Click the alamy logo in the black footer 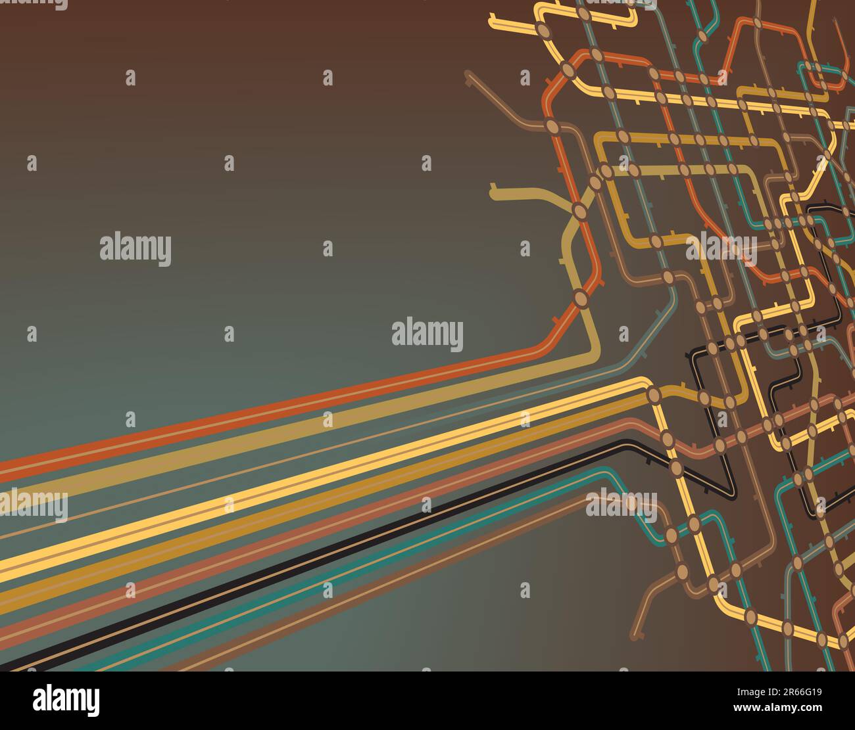click(66, 700)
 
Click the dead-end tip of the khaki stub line click(494, 193)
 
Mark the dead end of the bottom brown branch click(635, 636)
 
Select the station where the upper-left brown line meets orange click(552, 125)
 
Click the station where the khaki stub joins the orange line click(579, 210)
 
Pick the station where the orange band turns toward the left click(581, 298)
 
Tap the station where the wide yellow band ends click(654, 394)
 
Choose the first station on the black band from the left click(676, 467)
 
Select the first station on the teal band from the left click(671, 535)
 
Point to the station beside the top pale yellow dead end click(544, 30)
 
